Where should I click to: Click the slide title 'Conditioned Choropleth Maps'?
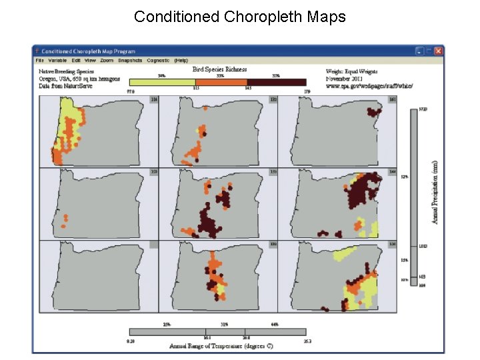point(240,17)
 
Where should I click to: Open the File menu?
point(40,60)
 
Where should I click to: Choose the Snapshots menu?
point(130,60)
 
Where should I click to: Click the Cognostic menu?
point(158,60)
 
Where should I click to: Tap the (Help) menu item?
point(181,60)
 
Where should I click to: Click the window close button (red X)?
point(438,51)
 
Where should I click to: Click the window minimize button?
point(418,51)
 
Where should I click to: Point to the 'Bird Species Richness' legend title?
point(219,69)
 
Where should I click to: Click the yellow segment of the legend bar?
point(162,82)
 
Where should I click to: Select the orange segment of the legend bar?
point(221,82)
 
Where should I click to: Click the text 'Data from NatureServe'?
point(63,85)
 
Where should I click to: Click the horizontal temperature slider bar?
point(217,331)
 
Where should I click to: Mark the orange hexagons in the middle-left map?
point(65,220)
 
